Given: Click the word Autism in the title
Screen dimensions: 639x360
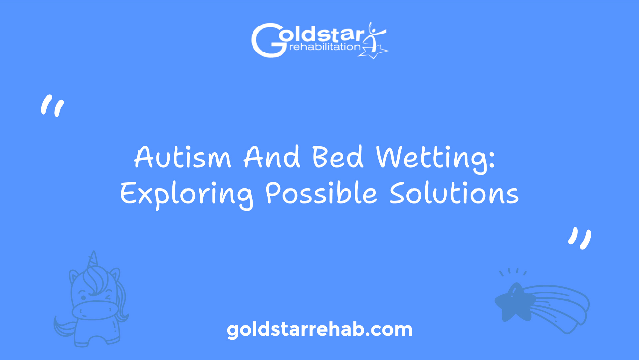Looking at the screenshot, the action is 182,157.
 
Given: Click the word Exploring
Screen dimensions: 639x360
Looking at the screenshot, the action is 186,195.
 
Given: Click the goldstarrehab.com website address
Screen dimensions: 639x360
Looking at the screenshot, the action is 319,330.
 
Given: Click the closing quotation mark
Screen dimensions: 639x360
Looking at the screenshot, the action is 580,238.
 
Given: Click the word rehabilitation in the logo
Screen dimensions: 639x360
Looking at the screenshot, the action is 325,47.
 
